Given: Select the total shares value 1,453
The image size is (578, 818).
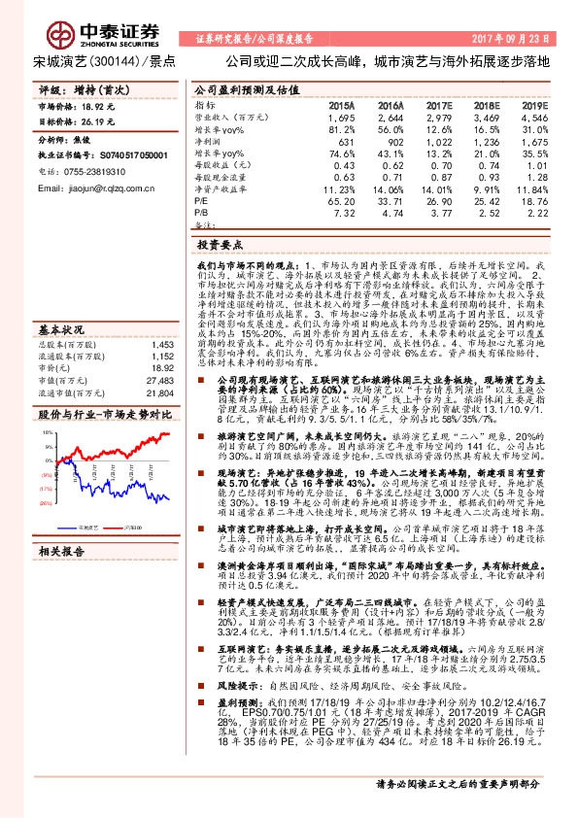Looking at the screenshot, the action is (x=162, y=345).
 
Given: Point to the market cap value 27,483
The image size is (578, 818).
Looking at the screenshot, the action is (x=158, y=382).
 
